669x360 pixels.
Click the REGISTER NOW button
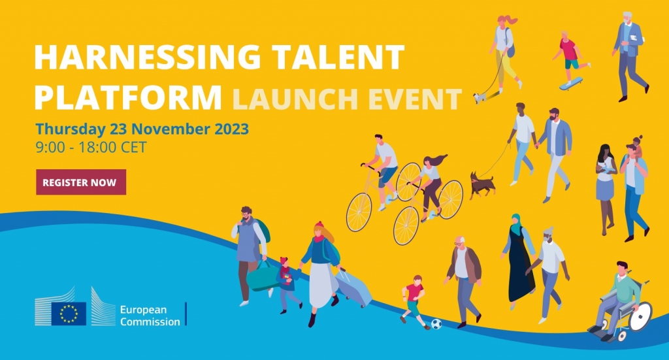coord(81,182)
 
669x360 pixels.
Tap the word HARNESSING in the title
coord(147,57)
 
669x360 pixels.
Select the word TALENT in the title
coord(338,57)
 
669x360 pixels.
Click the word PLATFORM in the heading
coord(128,98)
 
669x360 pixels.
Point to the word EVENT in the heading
coord(415,99)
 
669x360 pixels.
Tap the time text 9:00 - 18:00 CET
coord(91,147)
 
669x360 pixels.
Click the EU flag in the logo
coord(69,314)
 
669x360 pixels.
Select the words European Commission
coord(150,316)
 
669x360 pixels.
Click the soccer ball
coord(436,324)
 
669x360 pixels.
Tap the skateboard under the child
coord(571,84)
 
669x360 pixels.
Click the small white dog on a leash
coord(480,98)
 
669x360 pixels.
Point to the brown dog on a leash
coord(482,186)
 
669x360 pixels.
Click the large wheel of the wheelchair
coord(641,316)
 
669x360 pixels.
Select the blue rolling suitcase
coord(353,287)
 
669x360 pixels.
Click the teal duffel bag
coord(262,276)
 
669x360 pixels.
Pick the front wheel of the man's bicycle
coord(359,212)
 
